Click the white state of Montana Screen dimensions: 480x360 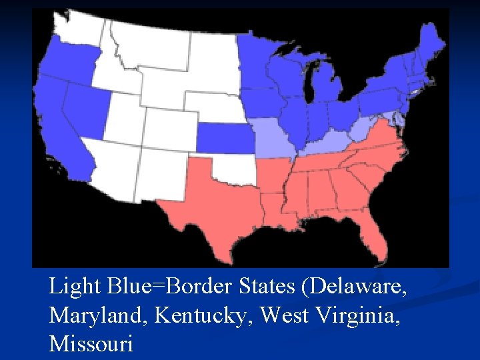pos(150,43)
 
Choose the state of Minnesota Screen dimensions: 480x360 pos(257,60)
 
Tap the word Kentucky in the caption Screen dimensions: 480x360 pos(204,315)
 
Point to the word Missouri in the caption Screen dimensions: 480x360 pos(91,344)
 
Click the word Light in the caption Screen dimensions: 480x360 pos(73,287)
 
